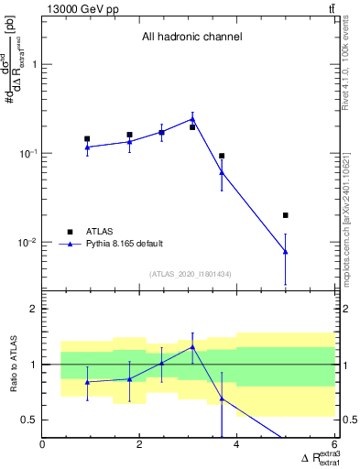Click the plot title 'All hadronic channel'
coord(191,38)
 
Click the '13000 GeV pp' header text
coord(77,8)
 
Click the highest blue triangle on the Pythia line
coord(192,118)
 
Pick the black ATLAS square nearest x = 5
coord(286,215)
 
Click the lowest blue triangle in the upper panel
coord(286,251)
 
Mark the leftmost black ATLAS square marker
coord(87,139)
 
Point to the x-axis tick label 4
coord(237,445)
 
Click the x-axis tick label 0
coord(43,445)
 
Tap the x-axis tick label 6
coord(334,445)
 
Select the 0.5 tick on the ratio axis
coord(30,420)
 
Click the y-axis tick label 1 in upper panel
coord(34,64)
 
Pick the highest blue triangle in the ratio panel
coord(192,346)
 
